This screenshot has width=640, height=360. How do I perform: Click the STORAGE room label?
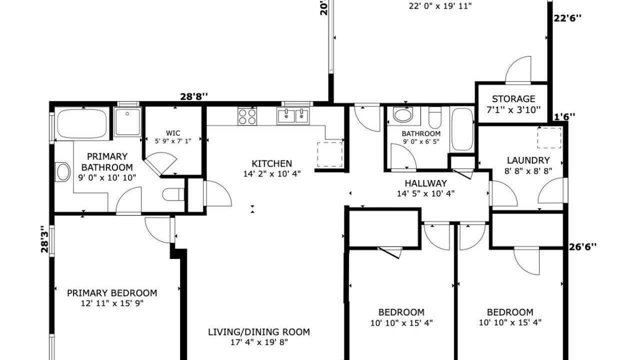513,99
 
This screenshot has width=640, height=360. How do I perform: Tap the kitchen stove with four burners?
247,116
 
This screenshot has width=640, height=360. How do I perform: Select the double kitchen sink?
293,115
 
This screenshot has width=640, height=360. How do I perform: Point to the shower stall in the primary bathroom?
127,121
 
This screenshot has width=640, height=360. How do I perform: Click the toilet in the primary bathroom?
173,194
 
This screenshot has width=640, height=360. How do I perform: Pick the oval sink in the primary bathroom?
63,172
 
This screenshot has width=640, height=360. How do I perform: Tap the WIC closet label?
173,133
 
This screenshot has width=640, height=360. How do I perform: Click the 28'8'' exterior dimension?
193,96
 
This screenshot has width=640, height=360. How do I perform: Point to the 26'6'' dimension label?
583,246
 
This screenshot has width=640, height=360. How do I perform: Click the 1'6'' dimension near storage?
564,116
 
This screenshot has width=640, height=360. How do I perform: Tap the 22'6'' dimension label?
567,18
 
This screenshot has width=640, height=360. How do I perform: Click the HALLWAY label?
425,183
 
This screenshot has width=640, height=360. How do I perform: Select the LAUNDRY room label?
528,160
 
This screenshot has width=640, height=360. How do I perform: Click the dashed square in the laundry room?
549,138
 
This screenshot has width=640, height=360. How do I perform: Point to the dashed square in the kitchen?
329,154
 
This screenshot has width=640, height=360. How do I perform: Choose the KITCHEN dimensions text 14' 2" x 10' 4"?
272,173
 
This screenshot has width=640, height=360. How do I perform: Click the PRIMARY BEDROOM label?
112,293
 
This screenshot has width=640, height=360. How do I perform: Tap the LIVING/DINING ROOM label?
259,332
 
